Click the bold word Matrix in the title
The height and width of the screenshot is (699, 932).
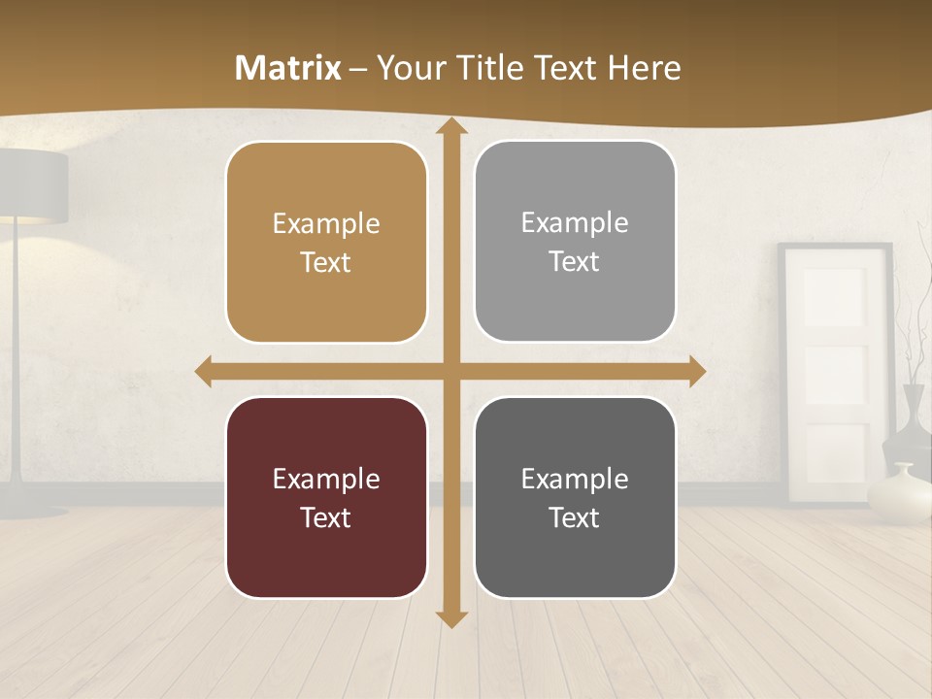[288, 68]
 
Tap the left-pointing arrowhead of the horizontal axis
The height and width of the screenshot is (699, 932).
[205, 372]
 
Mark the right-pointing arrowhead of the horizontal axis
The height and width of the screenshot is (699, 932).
[696, 372]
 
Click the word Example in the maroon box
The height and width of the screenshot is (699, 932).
[326, 479]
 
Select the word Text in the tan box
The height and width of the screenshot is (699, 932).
[326, 262]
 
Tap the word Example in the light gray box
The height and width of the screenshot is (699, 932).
[575, 222]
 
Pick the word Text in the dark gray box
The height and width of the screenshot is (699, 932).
[575, 517]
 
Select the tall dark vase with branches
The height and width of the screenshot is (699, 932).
[915, 417]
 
